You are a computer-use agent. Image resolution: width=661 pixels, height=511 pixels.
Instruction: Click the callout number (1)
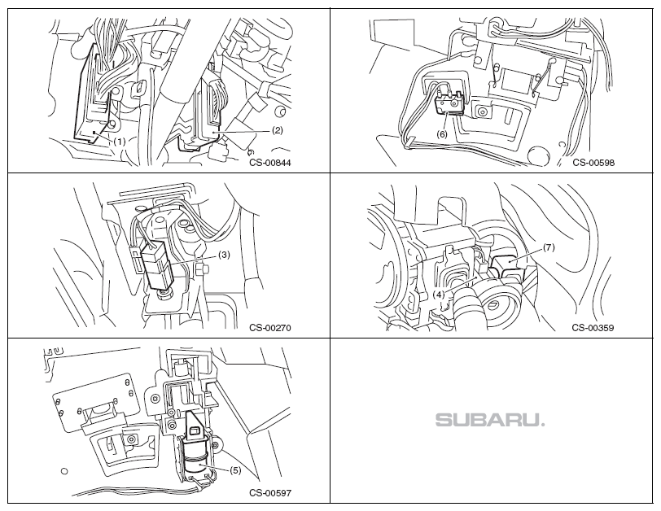[120, 141]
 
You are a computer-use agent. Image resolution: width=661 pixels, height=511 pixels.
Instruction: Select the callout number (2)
[276, 129]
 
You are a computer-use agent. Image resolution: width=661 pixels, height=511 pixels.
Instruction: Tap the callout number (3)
[224, 255]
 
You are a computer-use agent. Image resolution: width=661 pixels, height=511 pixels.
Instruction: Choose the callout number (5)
[235, 470]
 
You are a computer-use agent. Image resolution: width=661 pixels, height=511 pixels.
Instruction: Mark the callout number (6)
[442, 133]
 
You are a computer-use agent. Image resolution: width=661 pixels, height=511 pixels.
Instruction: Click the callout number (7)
[548, 247]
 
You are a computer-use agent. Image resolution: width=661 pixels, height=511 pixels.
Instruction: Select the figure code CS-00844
[270, 162]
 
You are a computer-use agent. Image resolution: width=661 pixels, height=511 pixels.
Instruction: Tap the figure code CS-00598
[593, 162]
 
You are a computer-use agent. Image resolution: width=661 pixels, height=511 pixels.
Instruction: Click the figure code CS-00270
[270, 329]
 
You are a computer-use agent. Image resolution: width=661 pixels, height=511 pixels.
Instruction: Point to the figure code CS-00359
[593, 329]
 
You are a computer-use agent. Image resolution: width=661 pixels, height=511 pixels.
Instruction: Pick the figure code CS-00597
[270, 493]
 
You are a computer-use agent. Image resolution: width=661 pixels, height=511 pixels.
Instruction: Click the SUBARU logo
[490, 421]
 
